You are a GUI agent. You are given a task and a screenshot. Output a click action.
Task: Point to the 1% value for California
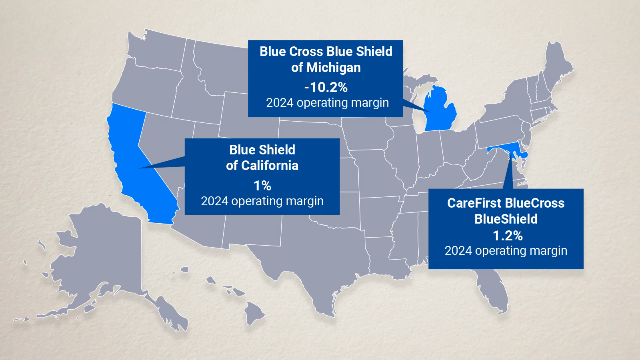pos(262,186)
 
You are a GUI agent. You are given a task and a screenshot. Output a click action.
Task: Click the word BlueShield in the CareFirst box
pos(506,219)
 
